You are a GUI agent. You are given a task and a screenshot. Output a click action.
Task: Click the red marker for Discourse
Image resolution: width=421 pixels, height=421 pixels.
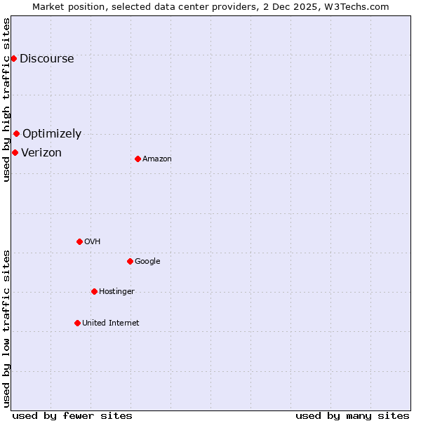13,58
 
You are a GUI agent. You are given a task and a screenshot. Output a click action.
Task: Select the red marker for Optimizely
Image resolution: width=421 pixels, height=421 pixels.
16,133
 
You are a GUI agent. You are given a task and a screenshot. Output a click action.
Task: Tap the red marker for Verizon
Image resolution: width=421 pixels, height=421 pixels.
15,152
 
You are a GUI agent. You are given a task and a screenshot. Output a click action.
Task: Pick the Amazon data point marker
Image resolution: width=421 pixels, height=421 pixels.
138,159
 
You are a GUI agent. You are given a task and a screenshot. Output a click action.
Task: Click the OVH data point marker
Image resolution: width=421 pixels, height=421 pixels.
79,241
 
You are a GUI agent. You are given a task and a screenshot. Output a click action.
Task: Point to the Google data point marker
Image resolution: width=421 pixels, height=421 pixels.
130,261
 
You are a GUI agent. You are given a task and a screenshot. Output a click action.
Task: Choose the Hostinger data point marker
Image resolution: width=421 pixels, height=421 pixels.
94,291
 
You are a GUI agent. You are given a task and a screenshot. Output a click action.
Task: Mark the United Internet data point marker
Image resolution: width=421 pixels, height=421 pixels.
77,323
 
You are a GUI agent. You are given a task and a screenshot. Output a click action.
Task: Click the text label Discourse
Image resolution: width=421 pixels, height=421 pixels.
47,58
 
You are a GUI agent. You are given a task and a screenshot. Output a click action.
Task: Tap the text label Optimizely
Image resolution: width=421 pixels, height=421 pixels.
52,133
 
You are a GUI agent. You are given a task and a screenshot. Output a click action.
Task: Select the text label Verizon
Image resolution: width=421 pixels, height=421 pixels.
41,152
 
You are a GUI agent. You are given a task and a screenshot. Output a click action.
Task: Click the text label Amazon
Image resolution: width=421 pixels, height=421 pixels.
157,159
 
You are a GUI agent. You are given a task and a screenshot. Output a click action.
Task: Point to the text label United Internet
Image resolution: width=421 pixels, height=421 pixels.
111,323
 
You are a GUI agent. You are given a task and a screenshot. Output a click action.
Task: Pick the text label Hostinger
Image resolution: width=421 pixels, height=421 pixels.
116,291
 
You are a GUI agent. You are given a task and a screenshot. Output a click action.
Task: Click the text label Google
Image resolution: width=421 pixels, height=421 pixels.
147,261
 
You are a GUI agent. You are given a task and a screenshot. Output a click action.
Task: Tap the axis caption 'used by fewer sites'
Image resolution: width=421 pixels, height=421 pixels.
72,415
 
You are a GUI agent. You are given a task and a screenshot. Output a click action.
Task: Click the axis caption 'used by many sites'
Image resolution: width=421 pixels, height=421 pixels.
352,415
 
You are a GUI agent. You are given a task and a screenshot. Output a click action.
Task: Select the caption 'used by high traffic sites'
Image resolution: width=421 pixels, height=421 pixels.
6,100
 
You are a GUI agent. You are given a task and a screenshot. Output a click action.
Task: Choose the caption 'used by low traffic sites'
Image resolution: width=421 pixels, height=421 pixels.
6,328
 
